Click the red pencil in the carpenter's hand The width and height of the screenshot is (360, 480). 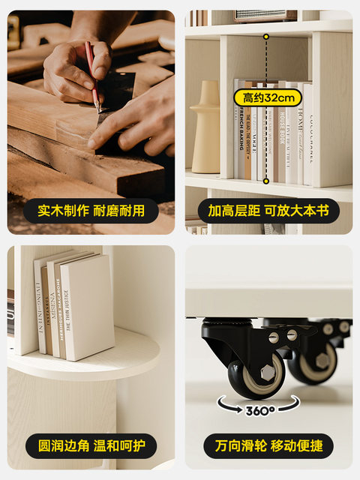[x=92, y=72]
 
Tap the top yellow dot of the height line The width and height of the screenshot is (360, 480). [x=265, y=36]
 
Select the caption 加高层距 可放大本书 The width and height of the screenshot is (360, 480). [x=268, y=211]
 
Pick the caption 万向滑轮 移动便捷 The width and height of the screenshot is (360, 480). [x=268, y=445]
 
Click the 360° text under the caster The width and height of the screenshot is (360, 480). [x=260, y=410]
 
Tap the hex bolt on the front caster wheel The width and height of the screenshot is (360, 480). [x=265, y=372]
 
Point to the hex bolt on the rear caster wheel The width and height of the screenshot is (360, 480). [x=323, y=361]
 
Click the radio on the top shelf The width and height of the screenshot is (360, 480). [x=265, y=15]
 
